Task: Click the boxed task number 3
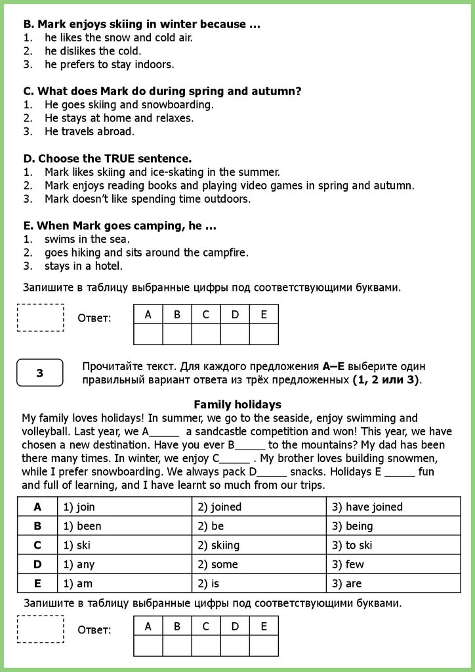40,373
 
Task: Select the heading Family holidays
237,404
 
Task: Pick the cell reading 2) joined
218,507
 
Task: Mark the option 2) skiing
218,545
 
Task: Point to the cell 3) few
348,564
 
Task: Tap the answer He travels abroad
89,131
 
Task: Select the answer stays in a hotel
83,266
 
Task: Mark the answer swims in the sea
87,239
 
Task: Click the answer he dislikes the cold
93,51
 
